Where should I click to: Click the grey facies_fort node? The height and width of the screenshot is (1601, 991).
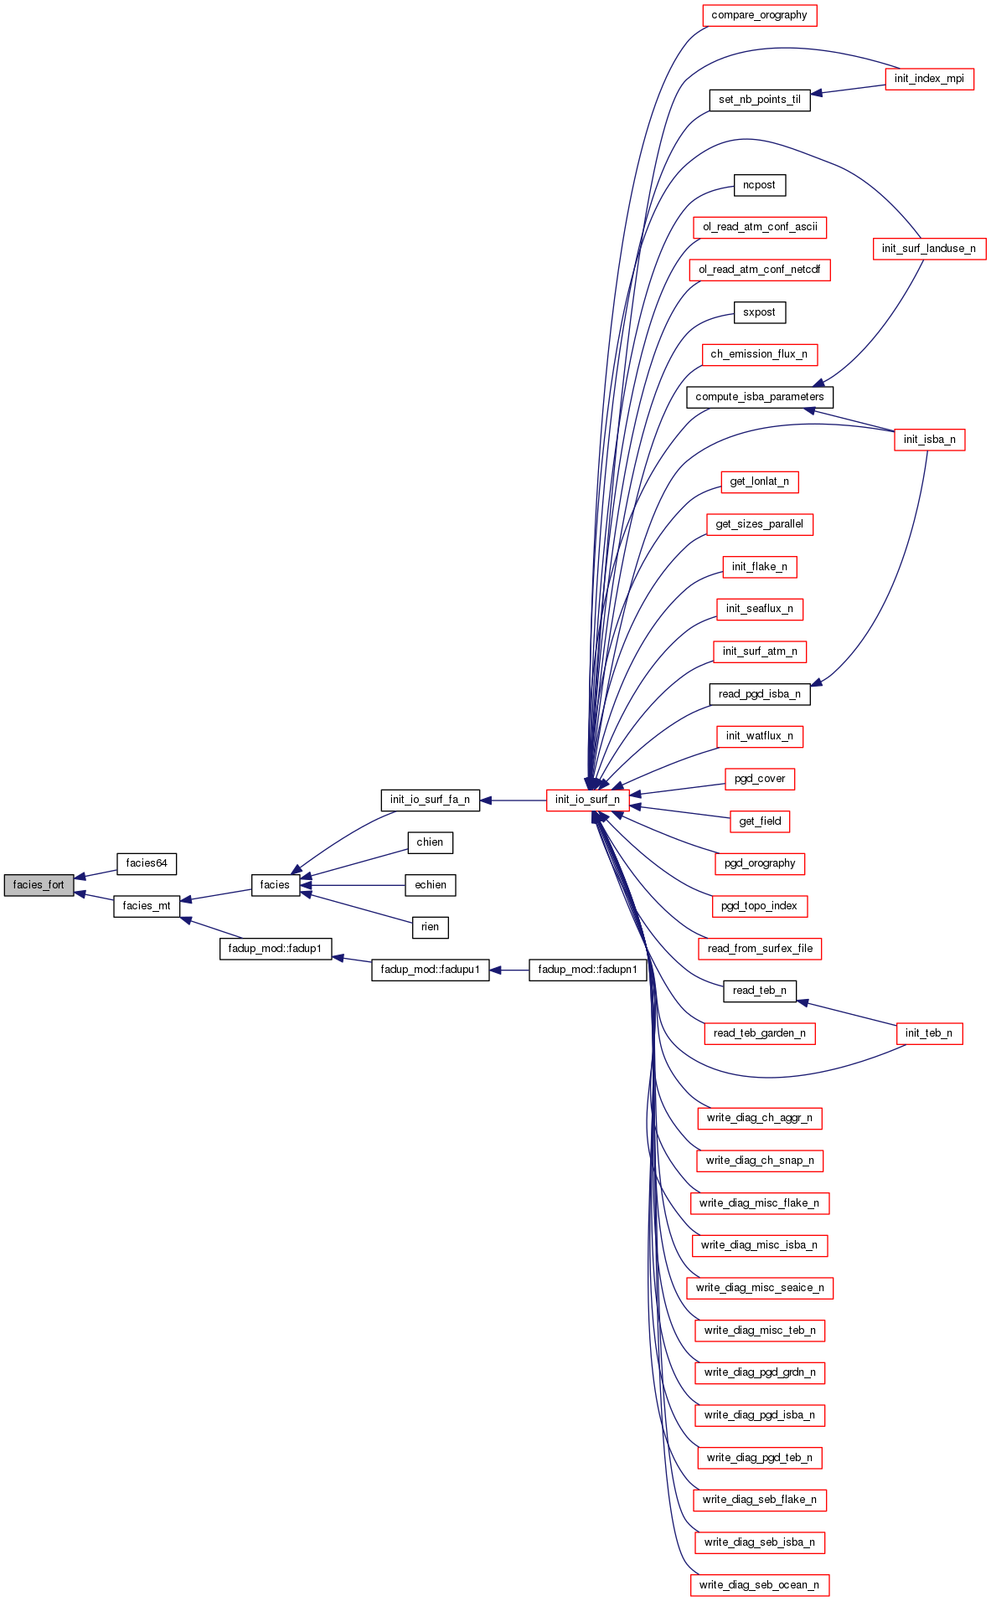click(x=39, y=885)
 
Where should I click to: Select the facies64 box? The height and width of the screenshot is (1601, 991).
click(x=147, y=863)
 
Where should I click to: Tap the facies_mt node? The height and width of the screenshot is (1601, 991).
click(x=147, y=906)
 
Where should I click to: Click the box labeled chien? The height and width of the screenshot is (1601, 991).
click(x=430, y=842)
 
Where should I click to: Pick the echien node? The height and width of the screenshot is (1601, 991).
click(x=431, y=885)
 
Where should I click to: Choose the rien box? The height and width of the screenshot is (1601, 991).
click(x=430, y=927)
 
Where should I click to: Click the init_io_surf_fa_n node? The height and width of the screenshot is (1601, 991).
click(x=430, y=800)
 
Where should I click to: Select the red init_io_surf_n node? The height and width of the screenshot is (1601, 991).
click(x=587, y=800)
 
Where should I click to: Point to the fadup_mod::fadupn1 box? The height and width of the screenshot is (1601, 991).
click(x=587, y=970)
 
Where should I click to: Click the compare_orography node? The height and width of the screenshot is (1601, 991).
click(x=759, y=15)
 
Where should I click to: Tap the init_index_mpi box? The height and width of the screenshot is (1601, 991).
click(x=929, y=79)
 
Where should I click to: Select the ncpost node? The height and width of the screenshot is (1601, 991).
click(x=759, y=185)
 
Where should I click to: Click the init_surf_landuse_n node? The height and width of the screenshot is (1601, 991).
click(x=929, y=249)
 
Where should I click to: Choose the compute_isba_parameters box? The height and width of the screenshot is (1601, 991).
click(x=759, y=397)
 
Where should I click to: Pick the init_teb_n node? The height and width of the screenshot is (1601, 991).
click(x=928, y=1033)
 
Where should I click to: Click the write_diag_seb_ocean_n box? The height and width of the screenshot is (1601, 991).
click(x=759, y=1585)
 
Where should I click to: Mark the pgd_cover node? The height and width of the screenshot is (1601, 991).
click(x=759, y=779)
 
